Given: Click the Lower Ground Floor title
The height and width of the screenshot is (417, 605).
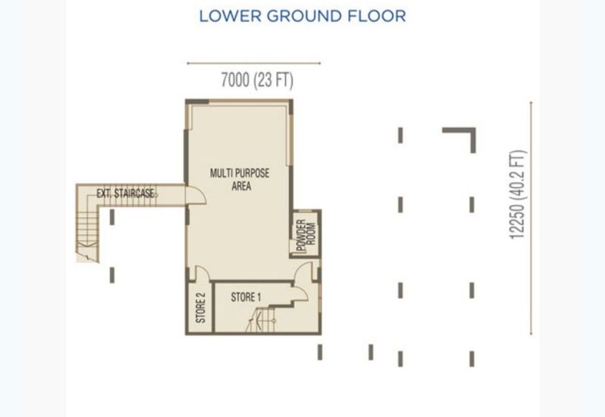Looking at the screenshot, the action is point(302,16).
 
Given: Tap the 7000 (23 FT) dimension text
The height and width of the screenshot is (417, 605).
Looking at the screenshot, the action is point(257,80).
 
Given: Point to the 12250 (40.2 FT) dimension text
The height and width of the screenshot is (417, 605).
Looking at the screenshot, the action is point(518,195).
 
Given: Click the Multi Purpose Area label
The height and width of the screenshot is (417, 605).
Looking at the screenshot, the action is point(240,179).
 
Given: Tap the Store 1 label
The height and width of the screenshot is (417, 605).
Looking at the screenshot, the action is point(246,297).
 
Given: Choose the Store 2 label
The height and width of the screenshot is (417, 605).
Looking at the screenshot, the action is point(200,307).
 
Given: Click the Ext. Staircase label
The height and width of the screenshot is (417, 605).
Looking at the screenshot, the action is point(125,193).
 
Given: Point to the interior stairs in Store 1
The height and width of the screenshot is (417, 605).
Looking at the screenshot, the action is point(262,319).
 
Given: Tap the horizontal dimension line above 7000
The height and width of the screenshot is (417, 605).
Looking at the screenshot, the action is point(254,63).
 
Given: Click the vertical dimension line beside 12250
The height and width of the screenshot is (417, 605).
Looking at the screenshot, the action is point(532,218).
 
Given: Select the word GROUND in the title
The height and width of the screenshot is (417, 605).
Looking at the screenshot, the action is point(304,16).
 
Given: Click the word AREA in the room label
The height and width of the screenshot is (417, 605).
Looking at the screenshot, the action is point(241,186).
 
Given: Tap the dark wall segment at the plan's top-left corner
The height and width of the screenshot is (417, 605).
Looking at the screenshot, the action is point(197,102).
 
